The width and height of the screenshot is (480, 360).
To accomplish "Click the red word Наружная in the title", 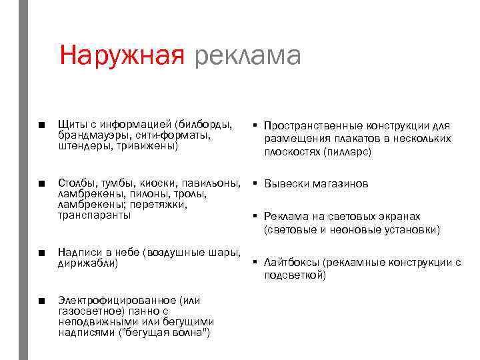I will (x=121, y=55).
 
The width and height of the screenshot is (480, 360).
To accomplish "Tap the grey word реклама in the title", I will (x=248, y=57).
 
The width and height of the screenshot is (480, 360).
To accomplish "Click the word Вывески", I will (x=286, y=183).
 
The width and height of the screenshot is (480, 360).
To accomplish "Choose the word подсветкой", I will (x=294, y=275).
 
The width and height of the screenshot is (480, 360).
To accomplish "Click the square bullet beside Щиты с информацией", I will (x=41, y=125).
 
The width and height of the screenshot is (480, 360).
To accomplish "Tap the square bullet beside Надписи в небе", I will (x=41, y=253).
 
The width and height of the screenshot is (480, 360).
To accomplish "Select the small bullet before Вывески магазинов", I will (x=255, y=183).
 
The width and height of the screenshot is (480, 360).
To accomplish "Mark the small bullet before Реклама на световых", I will (x=255, y=216).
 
